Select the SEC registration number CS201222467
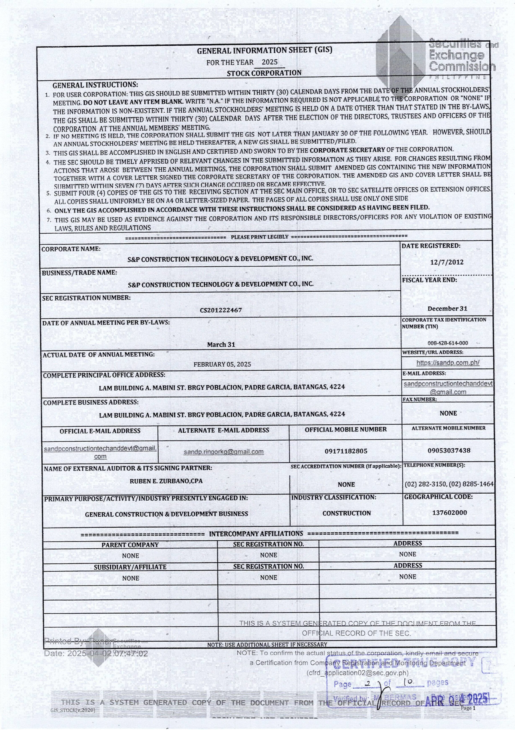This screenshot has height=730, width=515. (x=221, y=310)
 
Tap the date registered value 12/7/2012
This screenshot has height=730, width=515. (x=447, y=262)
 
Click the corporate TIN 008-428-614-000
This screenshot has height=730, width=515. (x=447, y=343)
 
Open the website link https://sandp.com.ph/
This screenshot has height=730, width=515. (x=448, y=363)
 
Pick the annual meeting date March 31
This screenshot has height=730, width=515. (x=221, y=345)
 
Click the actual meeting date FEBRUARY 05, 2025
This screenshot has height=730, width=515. (x=222, y=364)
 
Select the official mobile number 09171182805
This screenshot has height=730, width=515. (x=346, y=451)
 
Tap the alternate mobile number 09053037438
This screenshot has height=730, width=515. (x=449, y=451)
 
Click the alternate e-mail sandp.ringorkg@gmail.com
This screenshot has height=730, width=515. (x=224, y=452)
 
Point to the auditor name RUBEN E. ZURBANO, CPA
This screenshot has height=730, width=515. (x=166, y=481)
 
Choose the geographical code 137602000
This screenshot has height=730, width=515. (x=449, y=512)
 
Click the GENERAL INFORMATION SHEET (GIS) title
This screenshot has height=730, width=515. (x=264, y=50)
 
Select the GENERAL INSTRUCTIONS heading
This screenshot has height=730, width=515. (x=95, y=85)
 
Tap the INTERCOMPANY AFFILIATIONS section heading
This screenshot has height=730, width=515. (x=256, y=534)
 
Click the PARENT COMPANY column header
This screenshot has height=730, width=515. (x=130, y=545)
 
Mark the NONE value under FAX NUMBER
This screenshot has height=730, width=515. (x=448, y=413)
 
